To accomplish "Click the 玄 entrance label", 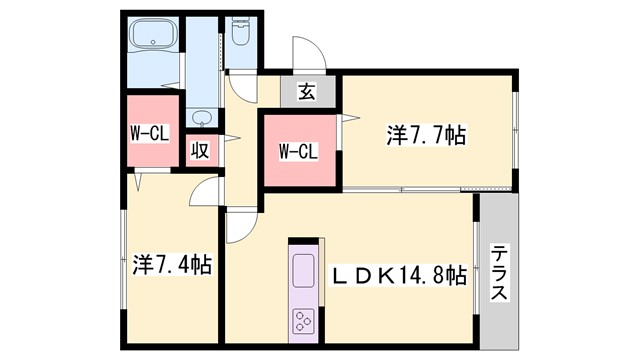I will (x=306, y=93).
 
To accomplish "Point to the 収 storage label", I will (x=200, y=151).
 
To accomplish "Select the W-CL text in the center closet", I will (x=297, y=152).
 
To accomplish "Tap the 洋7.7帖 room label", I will (x=426, y=133).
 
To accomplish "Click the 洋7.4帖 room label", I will (x=171, y=266).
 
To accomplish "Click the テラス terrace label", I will (x=499, y=272).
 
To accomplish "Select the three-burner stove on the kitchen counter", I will (x=303, y=321).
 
